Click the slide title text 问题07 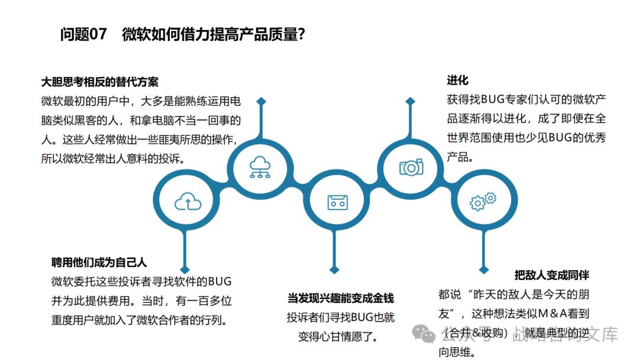(83, 34)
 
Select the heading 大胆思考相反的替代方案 (100, 82)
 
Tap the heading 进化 (457, 80)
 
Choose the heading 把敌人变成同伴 (551, 275)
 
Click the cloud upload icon (188, 202)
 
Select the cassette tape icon (337, 202)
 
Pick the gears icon (483, 201)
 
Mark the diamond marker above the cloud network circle (261, 101)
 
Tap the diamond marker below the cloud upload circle (188, 271)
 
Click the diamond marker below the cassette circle (334, 270)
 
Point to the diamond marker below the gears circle (484, 270)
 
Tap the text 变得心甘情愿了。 (338, 336)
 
